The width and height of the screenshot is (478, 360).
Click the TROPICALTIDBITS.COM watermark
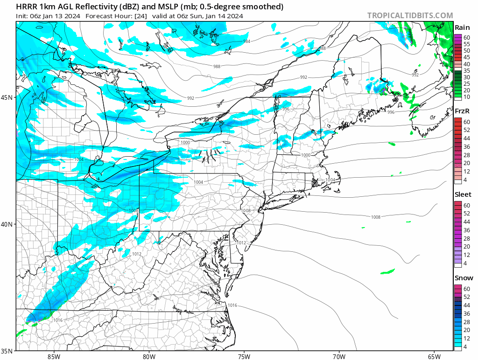click(410, 15)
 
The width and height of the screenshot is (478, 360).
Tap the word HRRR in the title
click(26, 7)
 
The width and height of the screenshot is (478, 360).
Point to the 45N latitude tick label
click(8, 97)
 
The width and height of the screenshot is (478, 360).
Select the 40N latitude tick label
click(8, 224)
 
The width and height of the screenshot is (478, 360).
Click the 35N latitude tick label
click(8, 351)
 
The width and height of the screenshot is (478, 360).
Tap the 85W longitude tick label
click(54, 356)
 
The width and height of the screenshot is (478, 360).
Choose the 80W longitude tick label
click(149, 356)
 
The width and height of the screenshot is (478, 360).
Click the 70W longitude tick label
click(339, 356)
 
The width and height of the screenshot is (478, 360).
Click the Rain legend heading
click(462, 28)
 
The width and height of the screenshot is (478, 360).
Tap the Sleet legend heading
click(463, 194)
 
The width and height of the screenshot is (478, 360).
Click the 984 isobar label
click(246, 42)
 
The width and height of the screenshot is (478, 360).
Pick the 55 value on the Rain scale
click(466, 44)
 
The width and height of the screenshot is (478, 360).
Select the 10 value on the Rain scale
click(466, 97)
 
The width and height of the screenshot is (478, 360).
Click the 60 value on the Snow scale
click(466, 289)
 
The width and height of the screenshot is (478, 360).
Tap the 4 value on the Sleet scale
click(465, 264)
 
